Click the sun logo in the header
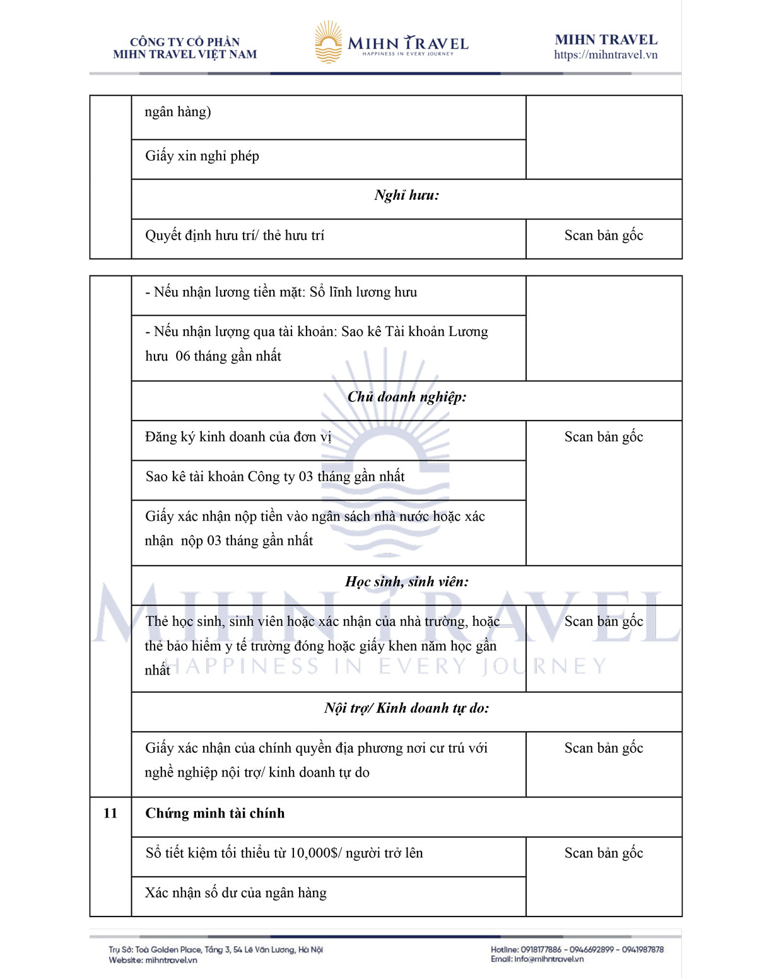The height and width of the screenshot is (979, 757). tap(328, 42)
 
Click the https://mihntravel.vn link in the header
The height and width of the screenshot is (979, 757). tap(606, 55)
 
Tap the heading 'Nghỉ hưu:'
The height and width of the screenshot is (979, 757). tap(406, 195)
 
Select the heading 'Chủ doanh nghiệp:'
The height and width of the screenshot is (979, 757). tap(407, 397)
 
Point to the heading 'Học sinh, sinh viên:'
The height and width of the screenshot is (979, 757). tap(407, 582)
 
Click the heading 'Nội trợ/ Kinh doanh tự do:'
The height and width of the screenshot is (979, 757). tap(407, 709)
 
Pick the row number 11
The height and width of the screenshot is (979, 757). tap(110, 813)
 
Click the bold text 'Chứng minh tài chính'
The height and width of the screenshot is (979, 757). tap(215, 813)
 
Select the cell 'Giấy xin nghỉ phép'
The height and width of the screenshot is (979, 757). tap(202, 156)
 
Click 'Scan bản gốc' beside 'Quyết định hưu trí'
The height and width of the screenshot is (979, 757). tap(604, 236)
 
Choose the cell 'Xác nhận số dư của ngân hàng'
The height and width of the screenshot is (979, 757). tap(236, 893)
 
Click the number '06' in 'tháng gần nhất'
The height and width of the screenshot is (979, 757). tap(183, 357)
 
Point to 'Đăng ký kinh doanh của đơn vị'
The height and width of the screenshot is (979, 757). tap(238, 437)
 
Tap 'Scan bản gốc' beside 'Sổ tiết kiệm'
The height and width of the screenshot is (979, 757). tap(604, 854)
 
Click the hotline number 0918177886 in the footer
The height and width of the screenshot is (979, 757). tap(541, 949)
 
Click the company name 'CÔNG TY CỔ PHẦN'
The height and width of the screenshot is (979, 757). tap(185, 42)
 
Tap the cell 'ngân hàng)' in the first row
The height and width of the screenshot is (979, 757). tap(178, 112)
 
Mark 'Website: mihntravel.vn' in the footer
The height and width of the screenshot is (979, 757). tap(153, 960)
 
